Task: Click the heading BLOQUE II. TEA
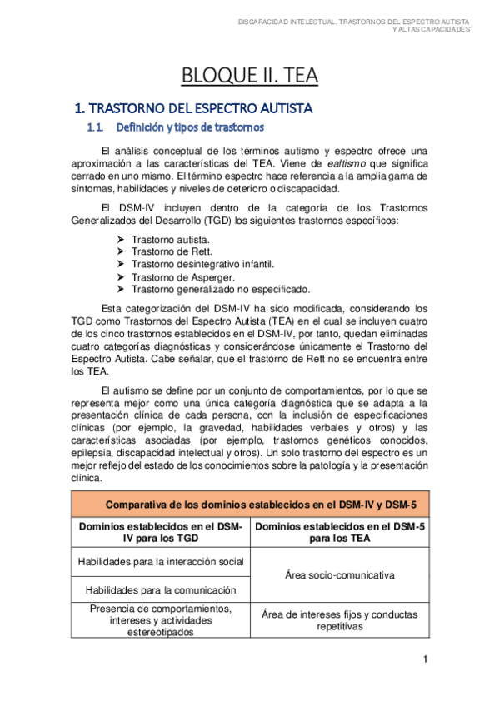click(250, 77)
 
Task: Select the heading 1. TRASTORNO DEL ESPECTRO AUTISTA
click(193, 108)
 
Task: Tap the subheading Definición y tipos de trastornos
click(190, 128)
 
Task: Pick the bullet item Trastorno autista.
click(165, 239)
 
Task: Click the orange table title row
click(249, 504)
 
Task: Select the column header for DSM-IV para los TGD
click(160, 533)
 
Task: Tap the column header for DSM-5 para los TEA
click(338, 533)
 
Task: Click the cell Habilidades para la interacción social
click(160, 562)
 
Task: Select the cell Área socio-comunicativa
click(338, 575)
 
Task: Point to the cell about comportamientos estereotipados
click(160, 620)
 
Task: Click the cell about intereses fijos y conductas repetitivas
click(338, 620)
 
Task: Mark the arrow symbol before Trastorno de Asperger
click(122, 276)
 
